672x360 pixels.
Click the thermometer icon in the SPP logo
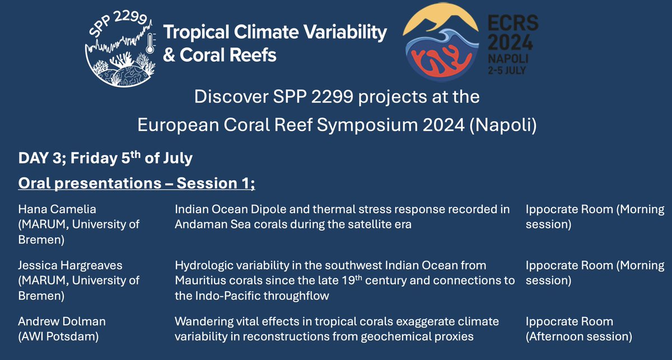click(x=150, y=43)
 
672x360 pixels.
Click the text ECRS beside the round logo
click(x=513, y=23)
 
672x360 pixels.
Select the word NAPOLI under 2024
click(x=508, y=58)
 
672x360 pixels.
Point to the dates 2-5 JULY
click(x=507, y=71)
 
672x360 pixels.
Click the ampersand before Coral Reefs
click(x=169, y=55)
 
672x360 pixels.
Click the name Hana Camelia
click(x=57, y=209)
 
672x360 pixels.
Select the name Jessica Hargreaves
click(x=70, y=265)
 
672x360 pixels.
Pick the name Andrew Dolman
click(x=62, y=321)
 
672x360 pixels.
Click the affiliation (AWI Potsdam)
click(x=58, y=336)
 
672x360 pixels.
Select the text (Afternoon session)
click(x=578, y=336)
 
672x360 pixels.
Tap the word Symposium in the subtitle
click(x=367, y=125)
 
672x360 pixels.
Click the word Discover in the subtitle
click(x=231, y=97)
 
